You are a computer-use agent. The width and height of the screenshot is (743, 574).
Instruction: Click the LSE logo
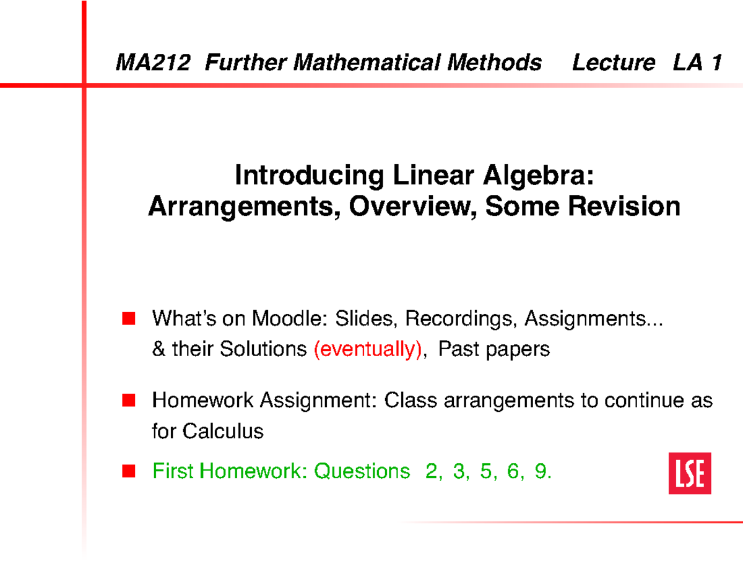click(x=689, y=472)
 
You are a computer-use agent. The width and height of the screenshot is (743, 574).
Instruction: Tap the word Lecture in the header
click(x=613, y=63)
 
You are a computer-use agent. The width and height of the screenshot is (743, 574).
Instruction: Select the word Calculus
click(x=224, y=431)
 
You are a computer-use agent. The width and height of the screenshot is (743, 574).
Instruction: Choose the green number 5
click(x=485, y=472)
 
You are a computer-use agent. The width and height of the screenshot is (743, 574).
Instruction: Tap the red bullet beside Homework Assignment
click(x=128, y=401)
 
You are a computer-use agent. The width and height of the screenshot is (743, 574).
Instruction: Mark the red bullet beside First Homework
click(x=128, y=472)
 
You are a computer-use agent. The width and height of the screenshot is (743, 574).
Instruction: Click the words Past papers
click(x=493, y=349)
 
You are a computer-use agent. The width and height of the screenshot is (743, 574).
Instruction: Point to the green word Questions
click(x=362, y=472)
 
